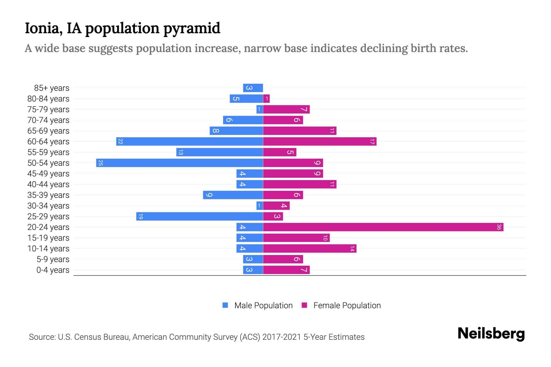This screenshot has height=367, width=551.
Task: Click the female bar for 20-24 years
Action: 383,227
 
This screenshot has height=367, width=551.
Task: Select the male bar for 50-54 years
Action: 179,163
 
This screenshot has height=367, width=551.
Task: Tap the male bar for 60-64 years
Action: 189,142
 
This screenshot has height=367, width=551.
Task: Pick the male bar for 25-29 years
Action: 200,217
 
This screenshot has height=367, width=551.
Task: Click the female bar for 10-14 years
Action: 309,249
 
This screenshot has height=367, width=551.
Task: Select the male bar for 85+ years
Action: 253,88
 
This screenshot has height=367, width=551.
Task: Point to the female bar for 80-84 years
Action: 266,99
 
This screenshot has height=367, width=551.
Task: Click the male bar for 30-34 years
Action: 260,206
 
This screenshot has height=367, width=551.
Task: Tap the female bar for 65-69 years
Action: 299,131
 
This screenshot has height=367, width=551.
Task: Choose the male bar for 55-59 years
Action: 219,152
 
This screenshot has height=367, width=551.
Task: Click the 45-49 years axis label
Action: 48,174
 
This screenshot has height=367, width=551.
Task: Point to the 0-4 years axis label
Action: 53,270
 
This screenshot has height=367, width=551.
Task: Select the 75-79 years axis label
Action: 48,109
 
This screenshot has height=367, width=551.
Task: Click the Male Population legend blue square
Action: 225,305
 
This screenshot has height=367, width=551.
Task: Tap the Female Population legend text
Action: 347,306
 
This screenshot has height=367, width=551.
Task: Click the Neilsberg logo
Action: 491,334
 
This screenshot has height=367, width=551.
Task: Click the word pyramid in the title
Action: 192,28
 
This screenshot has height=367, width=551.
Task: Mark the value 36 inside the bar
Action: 499,227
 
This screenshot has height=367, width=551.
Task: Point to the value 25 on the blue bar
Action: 100,163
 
